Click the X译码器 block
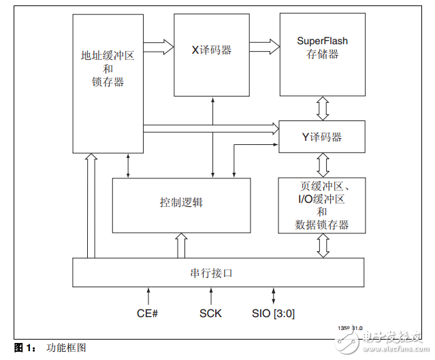[213, 54]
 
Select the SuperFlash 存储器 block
[322, 54]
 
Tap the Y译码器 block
[322, 137]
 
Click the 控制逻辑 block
[181, 205]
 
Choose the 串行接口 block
[218, 273]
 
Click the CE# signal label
[148, 314]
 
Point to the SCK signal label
[210, 314]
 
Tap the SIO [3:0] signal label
[273, 314]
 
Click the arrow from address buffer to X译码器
[159, 46]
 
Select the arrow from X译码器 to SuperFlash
[264, 46]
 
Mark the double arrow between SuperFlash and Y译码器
[322, 108]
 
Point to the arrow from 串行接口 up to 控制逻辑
[181, 246]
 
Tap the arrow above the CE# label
[148, 297]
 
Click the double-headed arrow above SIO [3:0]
[274, 297]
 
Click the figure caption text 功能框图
[66, 348]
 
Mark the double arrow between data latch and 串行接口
[322, 246]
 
